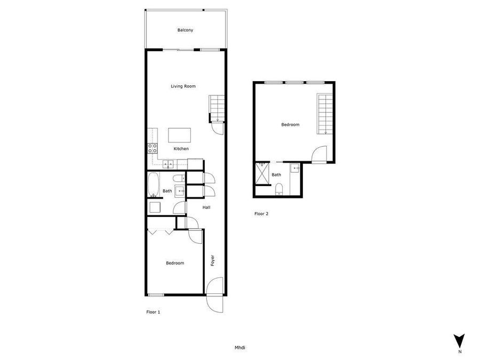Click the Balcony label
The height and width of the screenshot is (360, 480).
point(185,30)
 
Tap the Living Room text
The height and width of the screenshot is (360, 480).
point(183,86)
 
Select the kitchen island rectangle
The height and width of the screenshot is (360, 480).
point(179,134)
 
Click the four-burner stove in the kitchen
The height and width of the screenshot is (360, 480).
point(153,148)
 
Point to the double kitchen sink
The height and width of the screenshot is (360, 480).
point(168,164)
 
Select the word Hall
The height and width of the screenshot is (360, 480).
point(206,207)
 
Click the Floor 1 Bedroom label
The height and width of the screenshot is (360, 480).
point(174,263)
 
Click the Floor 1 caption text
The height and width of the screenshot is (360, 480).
point(153,312)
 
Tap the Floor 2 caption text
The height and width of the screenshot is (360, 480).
point(261,214)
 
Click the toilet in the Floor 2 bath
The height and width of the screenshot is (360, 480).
point(278,188)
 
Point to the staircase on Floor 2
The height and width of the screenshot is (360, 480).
point(325,114)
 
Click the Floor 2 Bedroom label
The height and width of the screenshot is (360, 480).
point(290,125)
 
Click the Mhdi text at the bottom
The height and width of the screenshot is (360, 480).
point(240,348)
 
